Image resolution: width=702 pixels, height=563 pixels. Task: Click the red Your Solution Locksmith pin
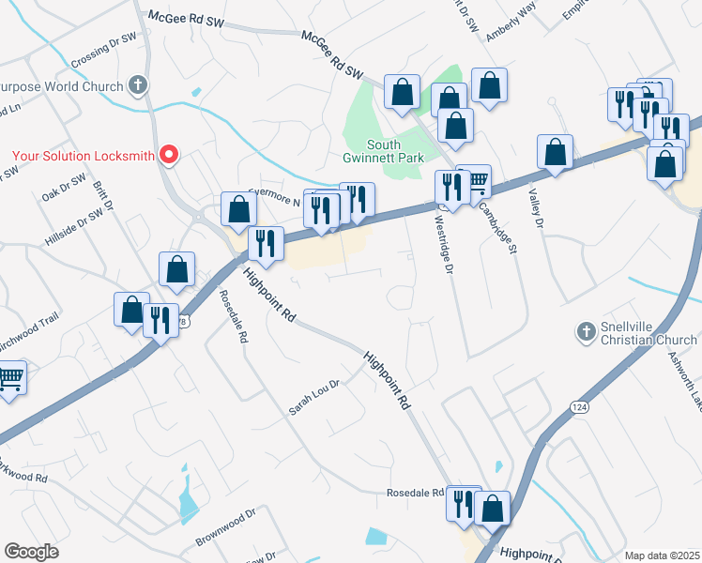pos(169,154)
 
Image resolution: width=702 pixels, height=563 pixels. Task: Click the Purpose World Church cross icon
pos(138,86)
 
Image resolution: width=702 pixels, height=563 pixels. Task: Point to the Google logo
pos(31,552)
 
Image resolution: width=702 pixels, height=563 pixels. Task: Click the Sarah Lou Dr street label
pos(313,398)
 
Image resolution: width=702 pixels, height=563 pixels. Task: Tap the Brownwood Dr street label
pos(225,528)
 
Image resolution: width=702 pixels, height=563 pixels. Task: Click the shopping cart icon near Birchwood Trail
pos(9,378)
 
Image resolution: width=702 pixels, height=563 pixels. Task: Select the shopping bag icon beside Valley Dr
pos(556,151)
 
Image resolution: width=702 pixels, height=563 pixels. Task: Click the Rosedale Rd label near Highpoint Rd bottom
pos(416,494)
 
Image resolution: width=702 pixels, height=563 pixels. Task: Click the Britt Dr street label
pos(103,197)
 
